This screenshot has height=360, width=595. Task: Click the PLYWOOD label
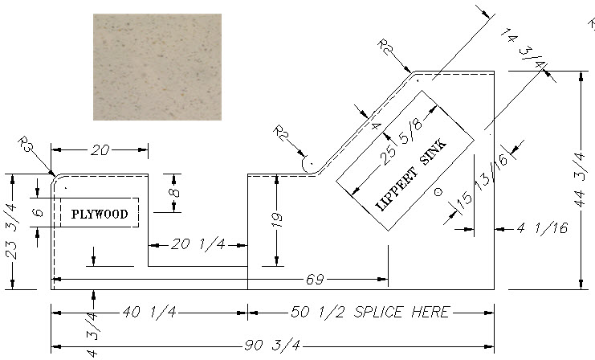100,215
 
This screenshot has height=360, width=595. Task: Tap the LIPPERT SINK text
411,175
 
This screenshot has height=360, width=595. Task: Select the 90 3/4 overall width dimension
272,346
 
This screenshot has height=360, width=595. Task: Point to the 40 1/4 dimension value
149,312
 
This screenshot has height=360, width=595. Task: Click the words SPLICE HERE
401,312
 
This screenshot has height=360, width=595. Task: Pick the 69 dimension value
315,280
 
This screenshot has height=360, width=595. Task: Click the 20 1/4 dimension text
198,244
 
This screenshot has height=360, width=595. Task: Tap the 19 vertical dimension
277,220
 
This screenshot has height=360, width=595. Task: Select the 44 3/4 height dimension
579,180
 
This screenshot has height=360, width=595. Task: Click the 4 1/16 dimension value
542,228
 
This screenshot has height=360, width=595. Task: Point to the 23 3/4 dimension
12,231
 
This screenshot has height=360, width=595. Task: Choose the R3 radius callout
26,145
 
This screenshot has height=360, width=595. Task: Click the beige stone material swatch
157,67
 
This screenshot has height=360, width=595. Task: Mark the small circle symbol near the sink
438,192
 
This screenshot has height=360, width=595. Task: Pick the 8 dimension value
173,193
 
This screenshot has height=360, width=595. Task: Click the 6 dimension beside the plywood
38,212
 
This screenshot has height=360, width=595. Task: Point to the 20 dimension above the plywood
100,150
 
